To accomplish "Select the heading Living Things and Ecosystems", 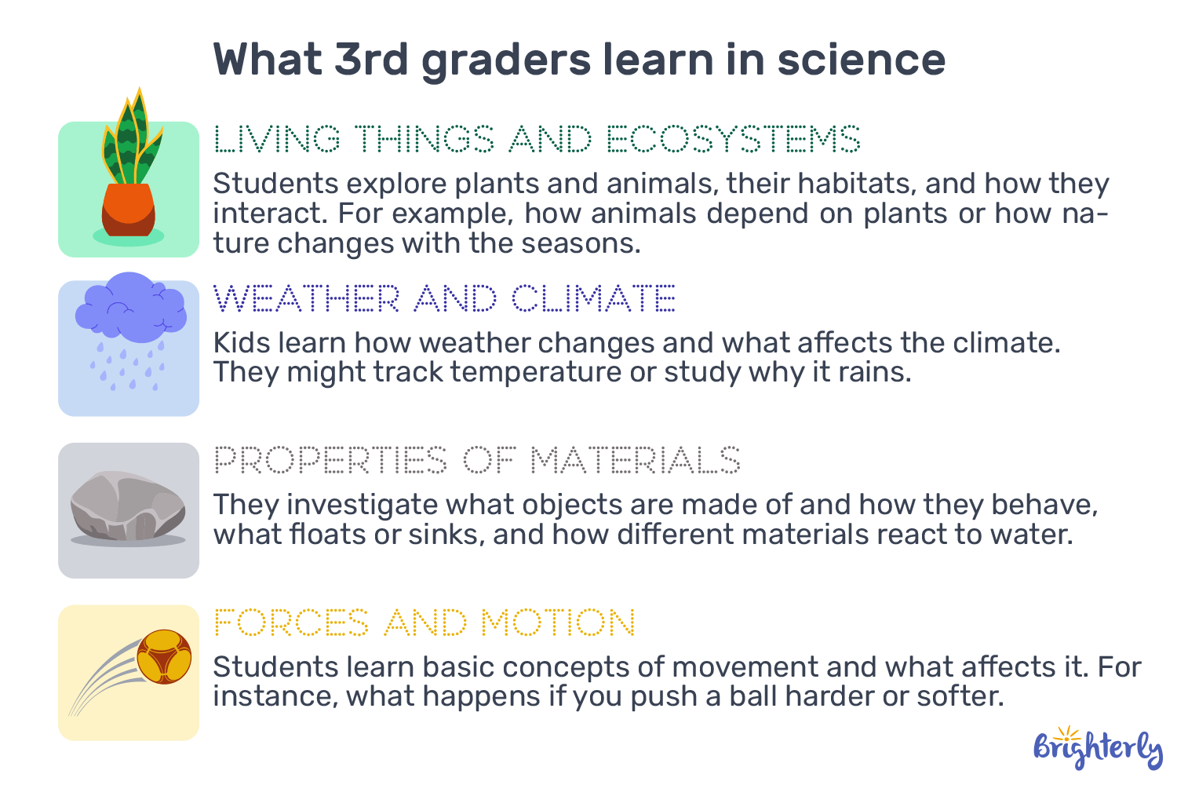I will [537, 140].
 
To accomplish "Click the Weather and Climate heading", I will [444, 299].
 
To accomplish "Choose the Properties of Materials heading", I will [477, 460].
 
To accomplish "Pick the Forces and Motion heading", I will [424, 623].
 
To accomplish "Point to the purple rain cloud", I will [130, 307].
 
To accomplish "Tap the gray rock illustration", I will [128, 506].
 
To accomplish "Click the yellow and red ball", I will [164, 656].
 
